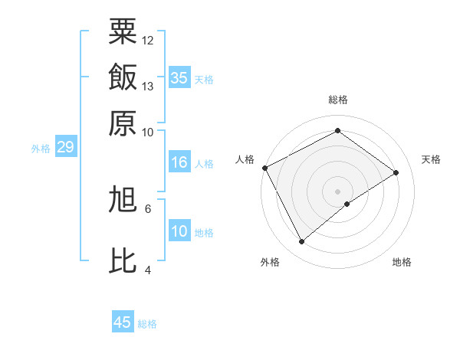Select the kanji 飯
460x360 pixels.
tap(123, 77)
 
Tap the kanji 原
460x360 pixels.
tap(123, 123)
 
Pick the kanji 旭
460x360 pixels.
tap(123, 200)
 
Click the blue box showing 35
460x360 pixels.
tap(179, 78)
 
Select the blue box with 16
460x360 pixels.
tap(179, 162)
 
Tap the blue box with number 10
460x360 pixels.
tap(179, 231)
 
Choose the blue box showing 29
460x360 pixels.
tap(65, 147)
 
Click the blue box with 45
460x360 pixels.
tap(123, 322)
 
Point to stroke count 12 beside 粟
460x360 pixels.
tap(148, 40)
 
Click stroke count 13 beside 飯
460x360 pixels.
tap(148, 86)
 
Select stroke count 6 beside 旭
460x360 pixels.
tap(148, 208)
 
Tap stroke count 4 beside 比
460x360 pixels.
tap(148, 270)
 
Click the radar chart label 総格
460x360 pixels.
tap(338, 100)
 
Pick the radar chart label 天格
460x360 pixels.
tap(432, 159)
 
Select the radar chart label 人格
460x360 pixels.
tap(245, 159)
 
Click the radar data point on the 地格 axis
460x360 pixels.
tap(347, 204)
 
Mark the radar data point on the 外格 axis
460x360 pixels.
tap(302, 242)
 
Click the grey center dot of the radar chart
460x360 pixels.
tap(338, 191)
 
